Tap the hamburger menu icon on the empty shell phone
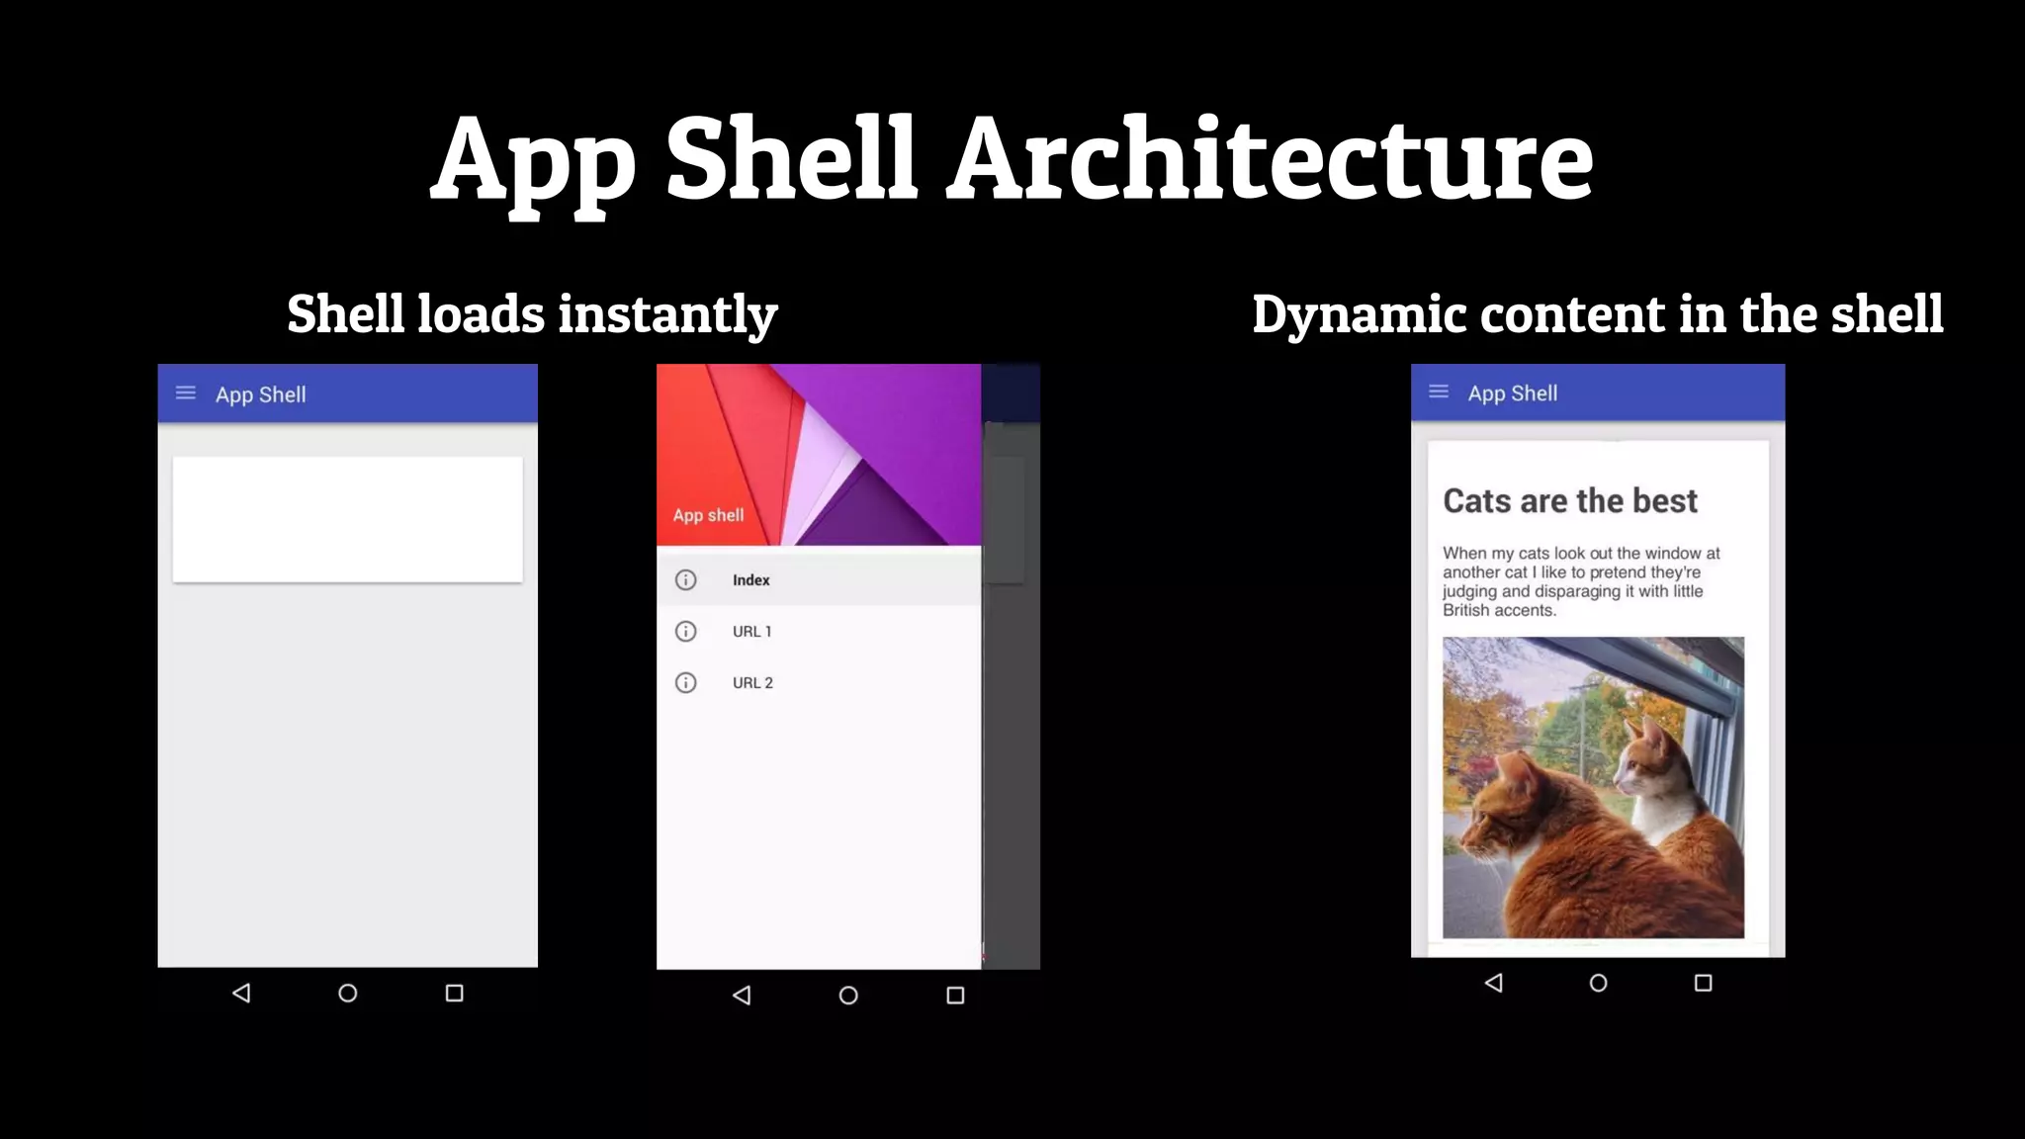click(x=186, y=394)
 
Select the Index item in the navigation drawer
click(x=750, y=580)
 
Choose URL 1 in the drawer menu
click(x=751, y=632)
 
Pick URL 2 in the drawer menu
click(x=752, y=683)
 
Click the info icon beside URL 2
click(x=685, y=683)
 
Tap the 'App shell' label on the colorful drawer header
click(x=708, y=515)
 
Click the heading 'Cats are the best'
click(x=1570, y=501)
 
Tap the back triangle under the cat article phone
click(x=1494, y=983)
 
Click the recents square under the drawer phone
click(x=955, y=996)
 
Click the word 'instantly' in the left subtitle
click(x=667, y=315)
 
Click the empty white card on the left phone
click(x=347, y=519)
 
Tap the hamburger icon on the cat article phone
click(x=1439, y=393)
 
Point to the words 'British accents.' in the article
click(x=1499, y=611)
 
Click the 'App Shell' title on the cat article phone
click(x=1512, y=394)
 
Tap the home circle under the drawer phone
click(x=848, y=996)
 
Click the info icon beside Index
click(x=685, y=580)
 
